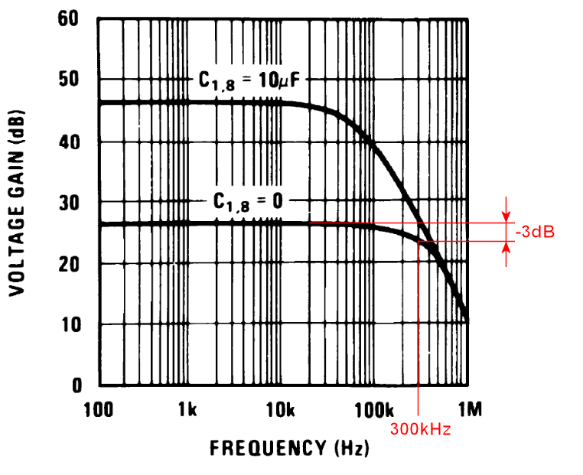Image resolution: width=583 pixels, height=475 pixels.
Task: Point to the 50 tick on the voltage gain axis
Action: pos(70,80)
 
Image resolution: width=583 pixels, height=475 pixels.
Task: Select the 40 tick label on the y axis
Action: pos(70,142)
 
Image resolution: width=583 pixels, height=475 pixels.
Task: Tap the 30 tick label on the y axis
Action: pos(70,203)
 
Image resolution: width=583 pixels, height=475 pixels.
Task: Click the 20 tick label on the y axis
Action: pos(70,264)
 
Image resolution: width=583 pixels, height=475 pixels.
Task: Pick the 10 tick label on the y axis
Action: pos(70,325)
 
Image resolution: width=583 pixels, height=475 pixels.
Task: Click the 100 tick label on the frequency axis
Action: pos(98,411)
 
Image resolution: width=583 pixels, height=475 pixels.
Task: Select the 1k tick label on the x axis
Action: pos(187,411)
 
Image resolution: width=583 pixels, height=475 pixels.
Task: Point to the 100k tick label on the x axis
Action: pos(373,411)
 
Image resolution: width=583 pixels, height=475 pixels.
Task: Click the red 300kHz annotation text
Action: pos(420,430)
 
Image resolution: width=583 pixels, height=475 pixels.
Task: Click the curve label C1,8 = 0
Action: pos(247,202)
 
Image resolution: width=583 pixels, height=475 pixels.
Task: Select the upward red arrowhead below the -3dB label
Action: pos(505,248)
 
